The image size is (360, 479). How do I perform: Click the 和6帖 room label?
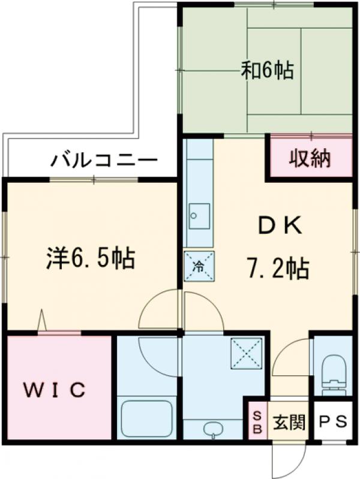[268, 71]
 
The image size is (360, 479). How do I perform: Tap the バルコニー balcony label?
[104, 161]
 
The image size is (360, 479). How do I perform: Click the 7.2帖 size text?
[277, 267]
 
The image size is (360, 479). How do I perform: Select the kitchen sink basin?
[199, 215]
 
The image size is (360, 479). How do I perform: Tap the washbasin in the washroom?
[214, 429]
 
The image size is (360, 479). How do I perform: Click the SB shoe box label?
[256, 422]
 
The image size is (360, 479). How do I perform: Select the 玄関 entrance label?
[289, 423]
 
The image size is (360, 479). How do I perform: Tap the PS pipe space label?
[332, 423]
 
